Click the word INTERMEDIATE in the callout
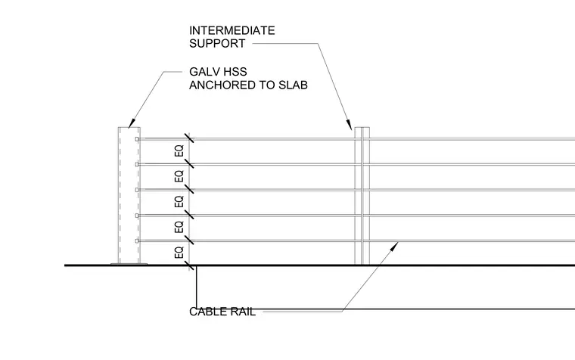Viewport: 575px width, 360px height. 232,30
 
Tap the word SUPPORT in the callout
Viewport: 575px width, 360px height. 217,43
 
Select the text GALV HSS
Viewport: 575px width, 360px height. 218,72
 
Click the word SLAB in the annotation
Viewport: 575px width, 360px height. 293,85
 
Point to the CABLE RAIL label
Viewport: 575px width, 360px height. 222,312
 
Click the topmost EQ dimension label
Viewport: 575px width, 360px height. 179,151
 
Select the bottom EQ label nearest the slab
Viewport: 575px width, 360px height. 179,253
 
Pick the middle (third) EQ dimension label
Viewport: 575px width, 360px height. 179,202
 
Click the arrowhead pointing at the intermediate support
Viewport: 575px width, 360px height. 350,125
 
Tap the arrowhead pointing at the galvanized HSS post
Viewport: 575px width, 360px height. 132,123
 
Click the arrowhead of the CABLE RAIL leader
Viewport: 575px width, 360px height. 395,246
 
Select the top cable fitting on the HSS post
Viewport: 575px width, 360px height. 137,139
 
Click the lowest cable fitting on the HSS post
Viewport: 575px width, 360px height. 137,241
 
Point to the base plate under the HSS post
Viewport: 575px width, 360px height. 129,264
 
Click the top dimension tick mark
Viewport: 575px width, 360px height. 189,138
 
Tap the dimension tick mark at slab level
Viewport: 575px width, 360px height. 189,265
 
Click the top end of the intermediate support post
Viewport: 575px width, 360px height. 362,128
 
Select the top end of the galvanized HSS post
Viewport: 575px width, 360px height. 129,128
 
